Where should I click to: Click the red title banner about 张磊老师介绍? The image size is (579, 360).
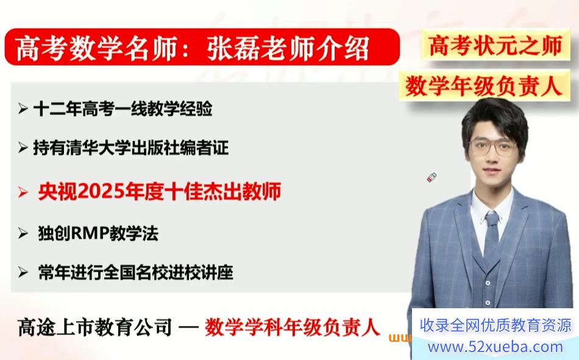tap(202, 48)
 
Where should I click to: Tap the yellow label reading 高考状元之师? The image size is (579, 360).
tap(495, 45)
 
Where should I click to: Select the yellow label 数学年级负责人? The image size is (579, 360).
tap(484, 86)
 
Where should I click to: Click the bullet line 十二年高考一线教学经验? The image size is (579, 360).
tap(123, 108)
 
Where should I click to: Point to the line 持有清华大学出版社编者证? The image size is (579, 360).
tap(130, 147)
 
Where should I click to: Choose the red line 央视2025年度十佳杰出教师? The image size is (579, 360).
tap(160, 191)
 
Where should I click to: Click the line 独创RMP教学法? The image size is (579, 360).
tap(98, 233)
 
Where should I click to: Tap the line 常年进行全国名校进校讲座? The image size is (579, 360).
tap(135, 272)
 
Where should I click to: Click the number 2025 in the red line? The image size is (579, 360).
tap(101, 192)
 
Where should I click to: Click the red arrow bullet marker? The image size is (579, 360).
tap(23, 192)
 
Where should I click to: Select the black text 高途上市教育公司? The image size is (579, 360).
tap(95, 327)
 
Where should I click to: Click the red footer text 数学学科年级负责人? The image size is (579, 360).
tap(292, 327)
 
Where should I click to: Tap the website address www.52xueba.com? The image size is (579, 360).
tap(495, 347)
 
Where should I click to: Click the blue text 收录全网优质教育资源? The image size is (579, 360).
tap(495, 325)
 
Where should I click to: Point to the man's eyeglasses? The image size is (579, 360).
tap(493, 147)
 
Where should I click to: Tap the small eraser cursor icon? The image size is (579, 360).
tap(432, 178)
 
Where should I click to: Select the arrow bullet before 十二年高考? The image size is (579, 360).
tap(23, 109)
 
